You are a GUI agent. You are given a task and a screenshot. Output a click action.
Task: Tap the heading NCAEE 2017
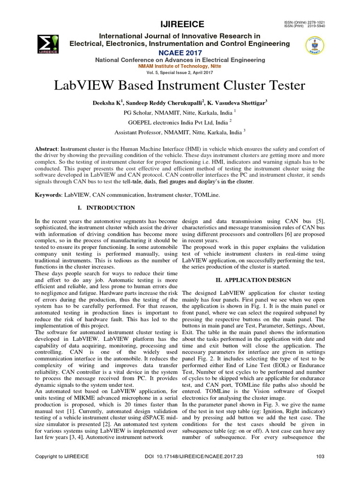coord(180,52)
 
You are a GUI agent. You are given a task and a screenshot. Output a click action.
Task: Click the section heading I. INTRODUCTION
coord(106,208)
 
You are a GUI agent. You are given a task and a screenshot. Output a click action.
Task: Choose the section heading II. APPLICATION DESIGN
coord(251,280)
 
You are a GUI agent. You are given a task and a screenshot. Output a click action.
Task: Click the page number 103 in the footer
coord(321,456)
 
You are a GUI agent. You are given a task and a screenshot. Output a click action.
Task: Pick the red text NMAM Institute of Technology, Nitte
coord(180,67)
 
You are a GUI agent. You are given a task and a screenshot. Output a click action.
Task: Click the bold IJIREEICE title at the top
coord(180,24)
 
